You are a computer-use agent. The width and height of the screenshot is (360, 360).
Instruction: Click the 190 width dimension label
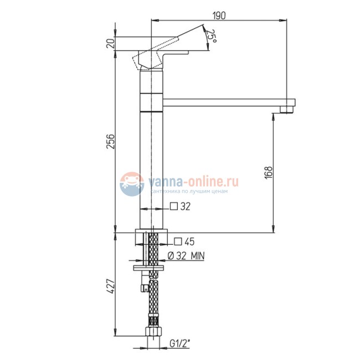pyautogui.click(x=219, y=16)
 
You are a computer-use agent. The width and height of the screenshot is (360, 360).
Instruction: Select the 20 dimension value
pyautogui.click(x=111, y=43)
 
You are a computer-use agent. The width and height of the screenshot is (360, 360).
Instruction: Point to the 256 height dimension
pyautogui.click(x=111, y=141)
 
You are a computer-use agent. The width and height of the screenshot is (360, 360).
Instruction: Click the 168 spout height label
pyautogui.click(x=269, y=172)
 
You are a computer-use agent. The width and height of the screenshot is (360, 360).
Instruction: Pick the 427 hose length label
pyautogui.click(x=111, y=286)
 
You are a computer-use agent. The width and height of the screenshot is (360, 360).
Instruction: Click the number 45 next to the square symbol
pyautogui.click(x=189, y=241)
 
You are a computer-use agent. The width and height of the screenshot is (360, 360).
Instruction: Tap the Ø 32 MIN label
pyautogui.click(x=186, y=256)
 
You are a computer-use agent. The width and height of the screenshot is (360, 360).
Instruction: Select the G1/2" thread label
pyautogui.click(x=180, y=343)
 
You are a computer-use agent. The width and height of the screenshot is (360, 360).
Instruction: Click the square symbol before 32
pyautogui.click(x=174, y=207)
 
